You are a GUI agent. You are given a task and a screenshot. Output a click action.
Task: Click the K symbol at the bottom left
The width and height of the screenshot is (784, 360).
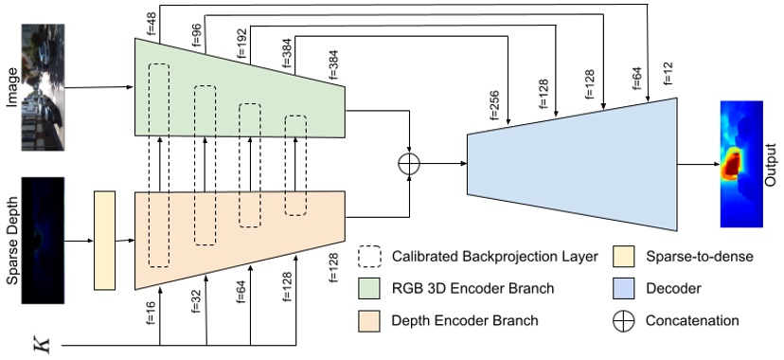pos(39,343)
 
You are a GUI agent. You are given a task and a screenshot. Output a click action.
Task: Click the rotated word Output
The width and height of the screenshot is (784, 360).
pos(771,164)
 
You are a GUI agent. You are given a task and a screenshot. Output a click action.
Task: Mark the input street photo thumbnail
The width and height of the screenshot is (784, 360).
pos(44,86)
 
